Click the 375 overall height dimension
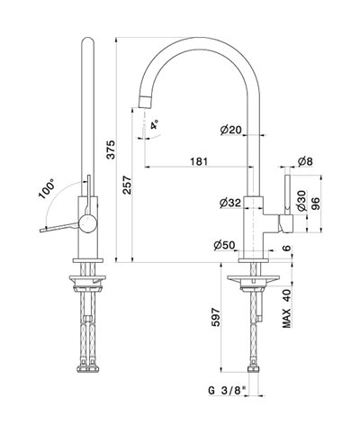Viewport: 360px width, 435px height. coord(111,150)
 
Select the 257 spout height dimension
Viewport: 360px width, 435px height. coord(128,185)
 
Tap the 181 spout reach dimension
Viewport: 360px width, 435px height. coord(199,161)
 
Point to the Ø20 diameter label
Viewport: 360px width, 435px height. coord(230,130)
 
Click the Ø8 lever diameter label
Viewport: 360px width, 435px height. coord(305,161)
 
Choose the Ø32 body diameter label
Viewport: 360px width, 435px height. coord(230,204)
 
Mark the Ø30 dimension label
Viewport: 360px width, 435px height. coord(301,201)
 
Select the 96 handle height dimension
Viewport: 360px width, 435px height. coord(315,204)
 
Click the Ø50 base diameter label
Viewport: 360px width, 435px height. coord(225,245)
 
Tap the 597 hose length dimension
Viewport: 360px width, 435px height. coord(216,317)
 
